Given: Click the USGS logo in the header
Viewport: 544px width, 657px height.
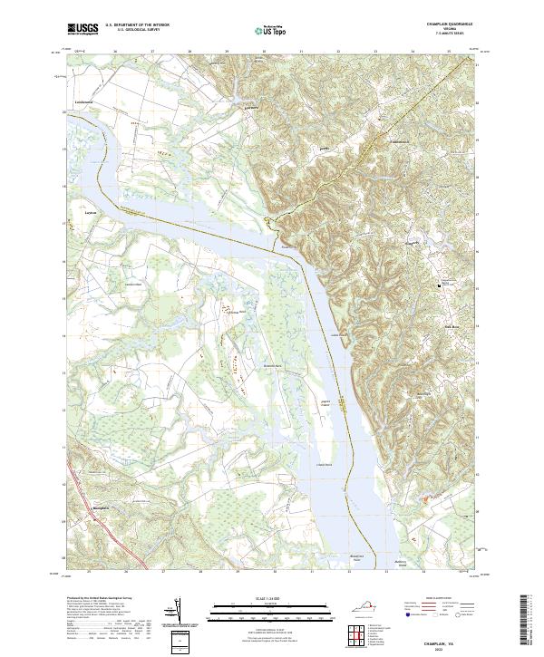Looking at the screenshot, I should pyautogui.click(x=83, y=29).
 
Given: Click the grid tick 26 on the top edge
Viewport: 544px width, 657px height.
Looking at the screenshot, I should pyautogui.click(x=115, y=52).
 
